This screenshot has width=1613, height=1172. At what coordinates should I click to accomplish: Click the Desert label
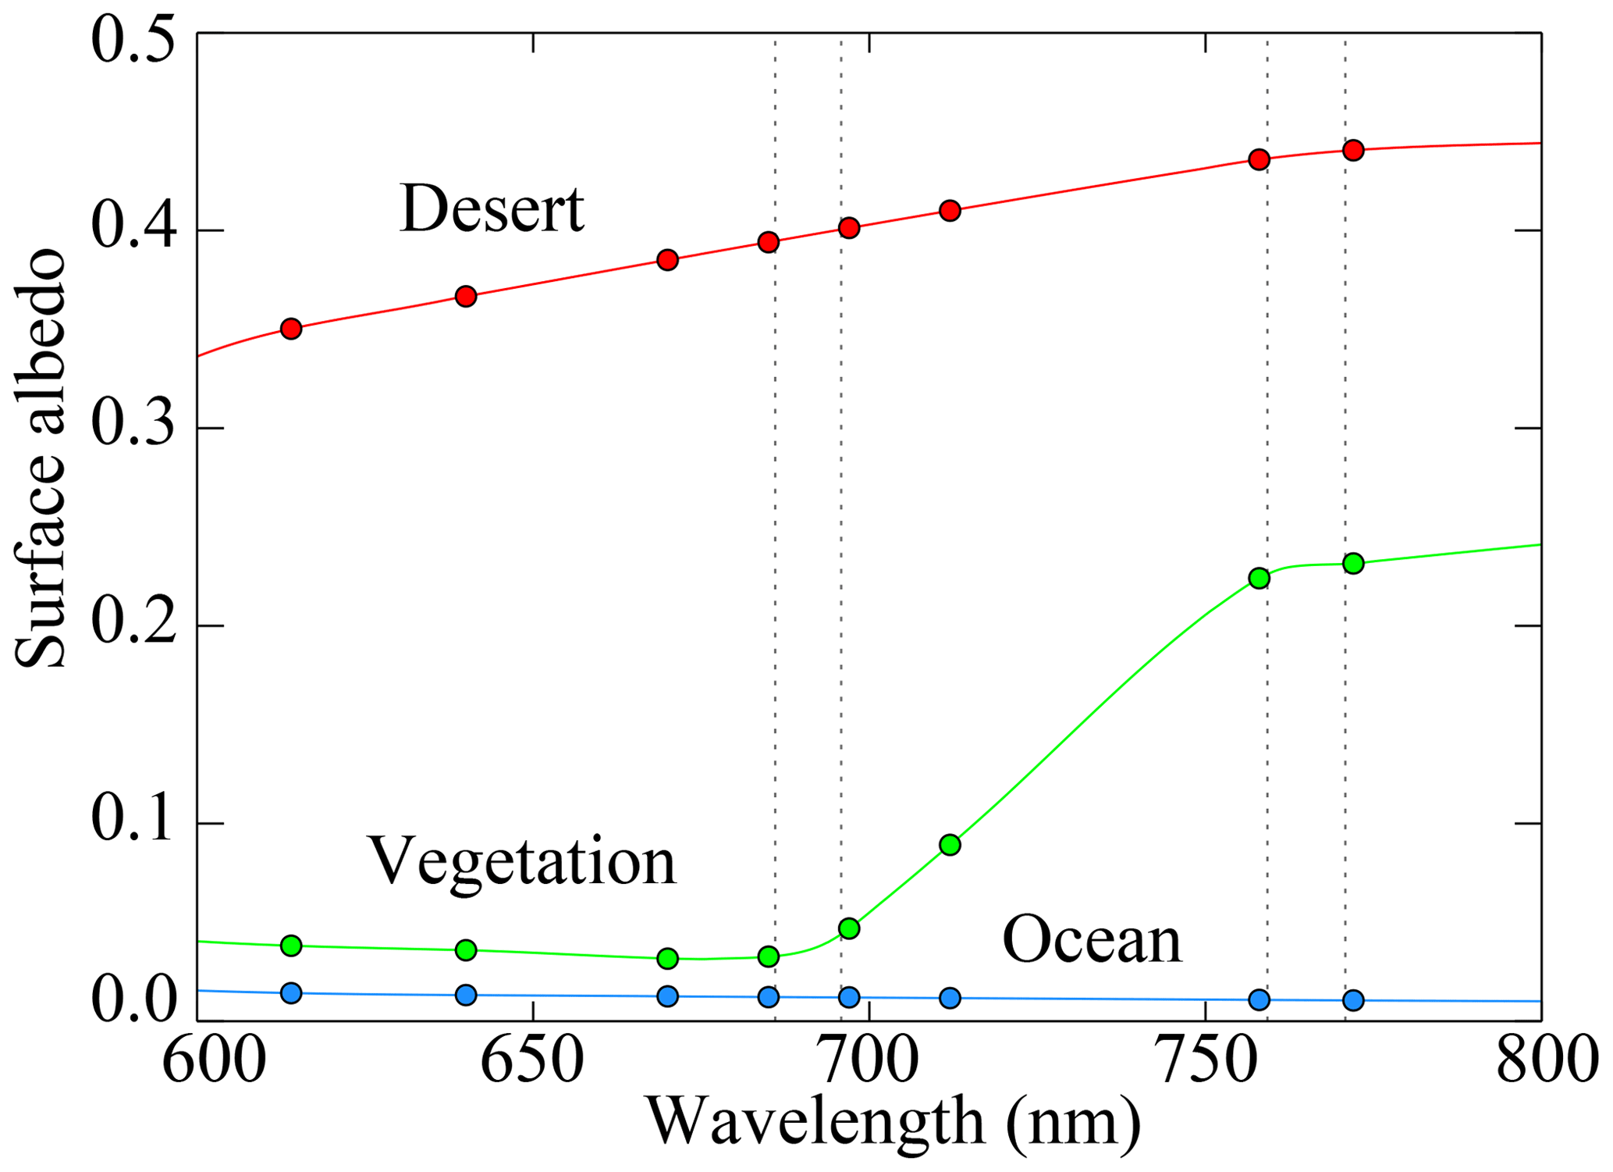(x=492, y=209)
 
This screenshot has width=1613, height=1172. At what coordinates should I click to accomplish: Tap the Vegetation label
(x=522, y=861)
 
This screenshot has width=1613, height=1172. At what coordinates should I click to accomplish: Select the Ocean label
(x=1092, y=940)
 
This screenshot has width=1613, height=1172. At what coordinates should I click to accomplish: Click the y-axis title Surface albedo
(x=41, y=459)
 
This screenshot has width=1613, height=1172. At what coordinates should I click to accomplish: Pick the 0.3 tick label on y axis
(x=133, y=427)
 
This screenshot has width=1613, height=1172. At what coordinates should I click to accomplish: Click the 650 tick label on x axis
(x=532, y=1062)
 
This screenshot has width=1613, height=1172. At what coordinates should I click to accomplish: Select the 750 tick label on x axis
(x=1206, y=1062)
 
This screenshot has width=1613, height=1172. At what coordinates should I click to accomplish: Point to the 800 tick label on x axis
(x=1541, y=1062)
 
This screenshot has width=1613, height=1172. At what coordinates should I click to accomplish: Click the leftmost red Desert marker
(x=291, y=328)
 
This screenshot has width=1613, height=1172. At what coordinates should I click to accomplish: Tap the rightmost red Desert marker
(x=1354, y=150)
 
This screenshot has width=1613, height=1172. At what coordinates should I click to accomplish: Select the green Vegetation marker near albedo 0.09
(x=950, y=845)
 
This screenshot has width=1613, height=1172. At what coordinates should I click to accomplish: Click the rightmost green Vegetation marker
(x=1354, y=563)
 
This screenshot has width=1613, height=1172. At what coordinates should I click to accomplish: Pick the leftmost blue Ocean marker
(x=291, y=993)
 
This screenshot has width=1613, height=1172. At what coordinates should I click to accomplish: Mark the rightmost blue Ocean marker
(x=1354, y=999)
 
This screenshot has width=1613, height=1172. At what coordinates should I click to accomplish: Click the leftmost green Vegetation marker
(x=291, y=946)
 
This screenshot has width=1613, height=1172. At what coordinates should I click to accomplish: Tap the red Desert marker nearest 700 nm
(x=849, y=227)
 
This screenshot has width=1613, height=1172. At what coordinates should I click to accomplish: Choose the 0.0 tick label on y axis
(x=133, y=1001)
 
